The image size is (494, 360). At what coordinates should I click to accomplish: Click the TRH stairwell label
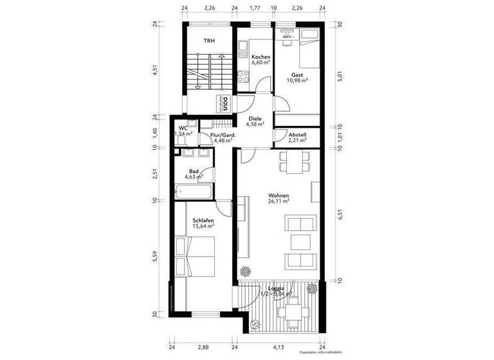[x=209, y=40]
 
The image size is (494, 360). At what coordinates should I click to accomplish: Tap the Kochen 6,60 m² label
[x=261, y=60]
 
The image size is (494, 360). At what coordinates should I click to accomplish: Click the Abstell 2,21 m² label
[x=297, y=137]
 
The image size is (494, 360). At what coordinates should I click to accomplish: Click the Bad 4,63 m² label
[x=194, y=174]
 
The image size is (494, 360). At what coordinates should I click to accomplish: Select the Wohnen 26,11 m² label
[x=279, y=199]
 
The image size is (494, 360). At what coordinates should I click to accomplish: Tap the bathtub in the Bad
[x=196, y=192]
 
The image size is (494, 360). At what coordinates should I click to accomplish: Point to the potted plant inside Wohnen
[x=242, y=271]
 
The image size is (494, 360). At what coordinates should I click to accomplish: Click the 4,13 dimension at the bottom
[x=278, y=347]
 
